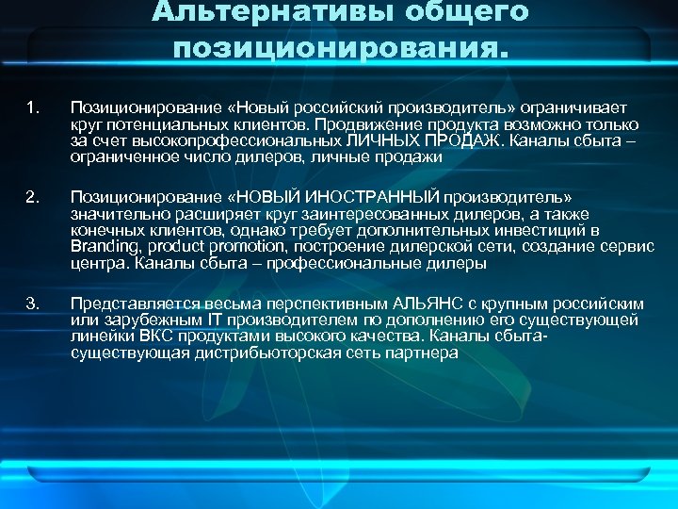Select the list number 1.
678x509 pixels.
click(x=33, y=108)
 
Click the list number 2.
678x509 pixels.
click(x=33, y=197)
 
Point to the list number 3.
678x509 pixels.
click(x=33, y=303)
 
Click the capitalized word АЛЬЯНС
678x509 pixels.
click(x=433, y=304)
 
